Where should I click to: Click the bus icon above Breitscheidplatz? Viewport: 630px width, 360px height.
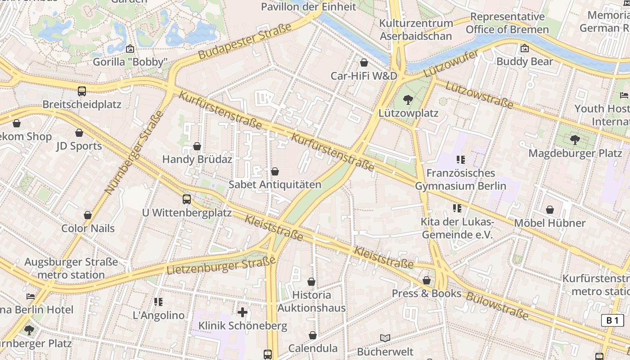[81, 91]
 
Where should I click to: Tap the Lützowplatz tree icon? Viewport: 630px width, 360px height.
[408, 99]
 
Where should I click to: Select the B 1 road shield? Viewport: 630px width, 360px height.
[612, 320]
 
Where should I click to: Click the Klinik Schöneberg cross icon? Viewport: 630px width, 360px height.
[243, 312]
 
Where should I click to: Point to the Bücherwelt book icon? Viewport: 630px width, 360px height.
[385, 338]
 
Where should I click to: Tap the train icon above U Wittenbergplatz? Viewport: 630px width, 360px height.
[186, 199]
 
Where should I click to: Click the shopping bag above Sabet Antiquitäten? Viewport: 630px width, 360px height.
[275, 171]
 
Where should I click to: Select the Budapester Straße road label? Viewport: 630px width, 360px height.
[245, 41]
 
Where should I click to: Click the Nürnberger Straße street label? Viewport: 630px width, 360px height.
[134, 153]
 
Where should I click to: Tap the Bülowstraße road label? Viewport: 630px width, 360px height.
[497, 306]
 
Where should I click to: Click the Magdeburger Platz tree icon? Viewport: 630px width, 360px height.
[575, 140]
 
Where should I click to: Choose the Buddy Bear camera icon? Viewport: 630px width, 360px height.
[524, 48]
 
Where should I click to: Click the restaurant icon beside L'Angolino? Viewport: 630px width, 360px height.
[158, 301]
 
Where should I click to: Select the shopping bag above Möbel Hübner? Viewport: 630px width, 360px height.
[549, 210]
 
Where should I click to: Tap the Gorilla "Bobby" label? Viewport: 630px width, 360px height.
[130, 62]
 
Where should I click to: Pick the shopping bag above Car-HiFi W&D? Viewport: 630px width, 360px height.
[364, 63]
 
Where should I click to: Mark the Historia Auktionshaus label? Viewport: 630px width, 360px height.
[311, 301]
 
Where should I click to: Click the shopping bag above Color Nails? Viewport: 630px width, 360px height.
[88, 215]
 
